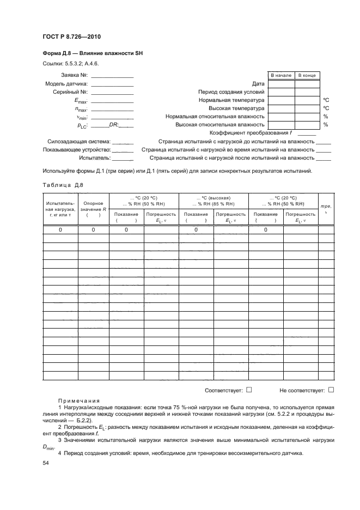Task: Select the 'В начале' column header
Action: (281, 75)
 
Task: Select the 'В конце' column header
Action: (307, 75)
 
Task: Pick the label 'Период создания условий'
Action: (231, 92)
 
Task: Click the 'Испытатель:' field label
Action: (95, 157)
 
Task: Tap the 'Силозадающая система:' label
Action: (79, 141)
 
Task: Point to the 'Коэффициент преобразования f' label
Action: (251, 133)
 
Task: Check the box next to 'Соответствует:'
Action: (248, 390)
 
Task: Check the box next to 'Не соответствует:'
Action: (331, 390)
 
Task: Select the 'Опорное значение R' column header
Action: (93, 210)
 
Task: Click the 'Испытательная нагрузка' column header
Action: (61, 210)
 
